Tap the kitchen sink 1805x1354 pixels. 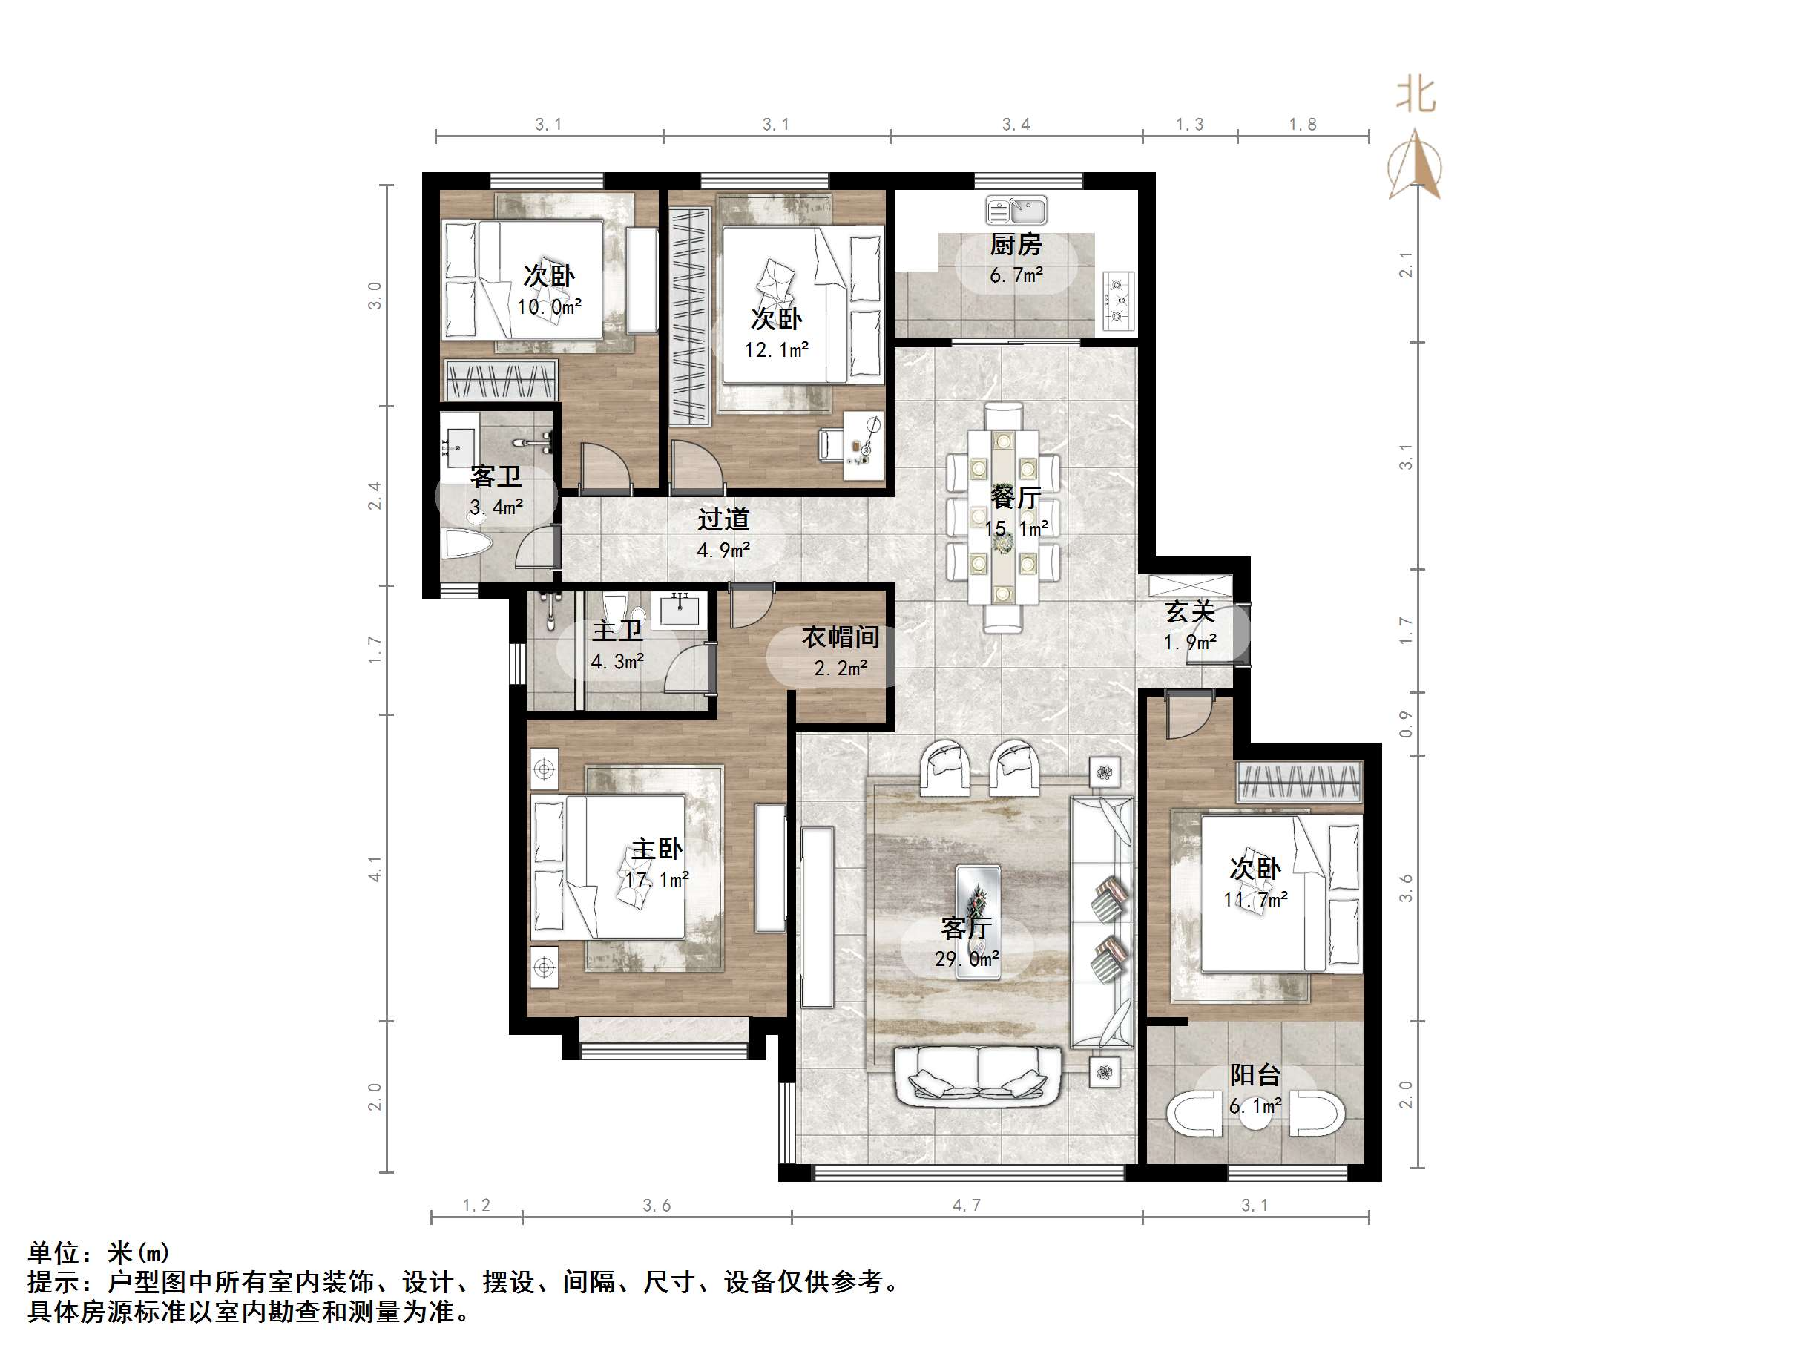tap(1016, 211)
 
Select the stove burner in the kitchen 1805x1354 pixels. tap(1118, 300)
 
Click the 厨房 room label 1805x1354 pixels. tap(1016, 244)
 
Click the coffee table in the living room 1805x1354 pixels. tap(979, 898)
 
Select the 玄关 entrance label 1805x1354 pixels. tap(1190, 611)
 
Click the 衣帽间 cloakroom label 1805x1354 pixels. tap(841, 637)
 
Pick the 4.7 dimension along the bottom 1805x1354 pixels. tap(967, 1205)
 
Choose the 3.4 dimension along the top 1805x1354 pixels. tap(1016, 124)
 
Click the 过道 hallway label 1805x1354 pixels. tap(723, 519)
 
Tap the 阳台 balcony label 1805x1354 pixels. tap(1255, 1075)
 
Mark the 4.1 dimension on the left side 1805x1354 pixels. tap(374, 868)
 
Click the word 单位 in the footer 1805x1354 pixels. tap(54, 1253)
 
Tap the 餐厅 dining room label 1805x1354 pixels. tap(1016, 497)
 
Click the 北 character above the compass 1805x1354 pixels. tap(1416, 95)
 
